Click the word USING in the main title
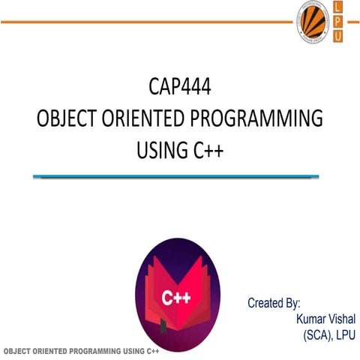[x=161, y=150]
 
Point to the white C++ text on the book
[x=176, y=297]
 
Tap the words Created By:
[x=274, y=304]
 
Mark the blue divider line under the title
[x=179, y=177]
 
